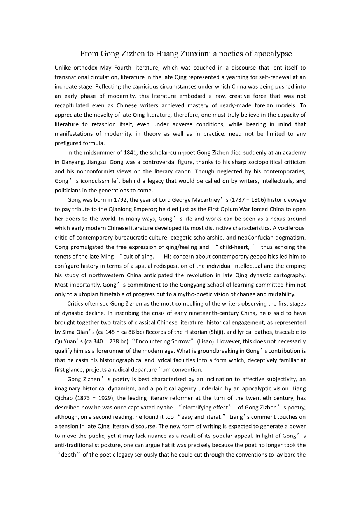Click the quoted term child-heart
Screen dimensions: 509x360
(x=237, y=247)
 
